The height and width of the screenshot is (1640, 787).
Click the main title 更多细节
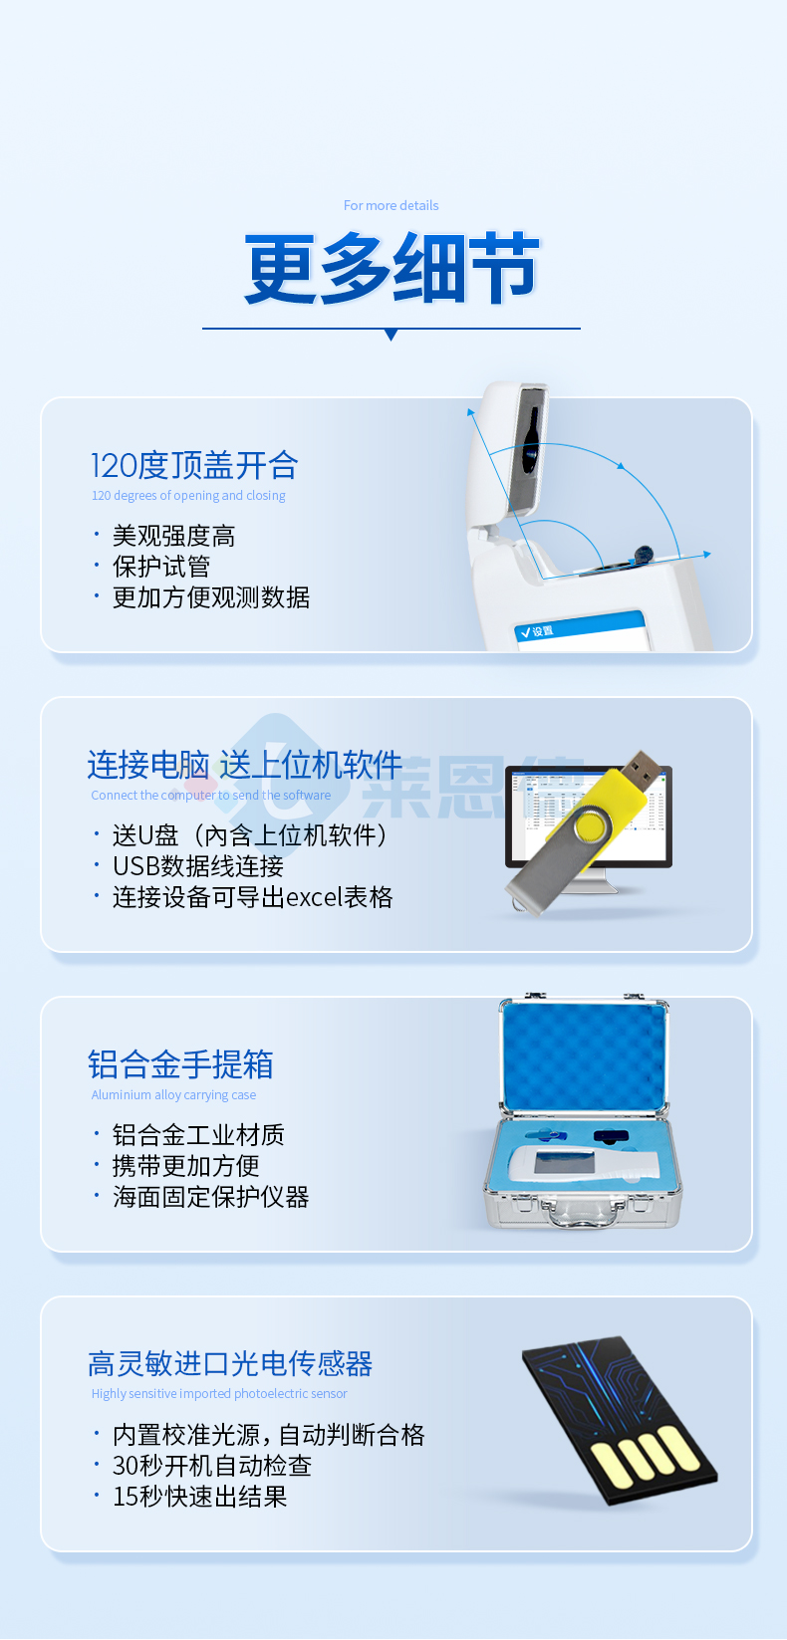click(x=392, y=268)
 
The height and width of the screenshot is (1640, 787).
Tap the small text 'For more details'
click(x=391, y=206)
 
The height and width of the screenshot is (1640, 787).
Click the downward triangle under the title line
click(x=391, y=336)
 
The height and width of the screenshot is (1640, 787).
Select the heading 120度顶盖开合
click(x=194, y=465)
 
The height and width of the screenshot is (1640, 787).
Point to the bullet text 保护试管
click(x=160, y=567)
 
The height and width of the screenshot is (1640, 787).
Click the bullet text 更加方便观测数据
click(x=210, y=597)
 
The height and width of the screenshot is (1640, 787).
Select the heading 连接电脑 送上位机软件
click(x=244, y=765)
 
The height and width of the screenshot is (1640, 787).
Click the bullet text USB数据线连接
click(x=197, y=866)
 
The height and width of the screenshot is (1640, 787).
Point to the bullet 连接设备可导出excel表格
click(x=252, y=897)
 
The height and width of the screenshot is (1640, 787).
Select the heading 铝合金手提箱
click(x=180, y=1064)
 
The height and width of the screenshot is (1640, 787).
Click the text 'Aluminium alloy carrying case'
click(x=173, y=1095)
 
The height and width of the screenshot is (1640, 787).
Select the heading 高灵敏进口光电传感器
click(x=230, y=1363)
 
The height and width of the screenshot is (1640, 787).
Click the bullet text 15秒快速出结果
click(x=199, y=1497)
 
